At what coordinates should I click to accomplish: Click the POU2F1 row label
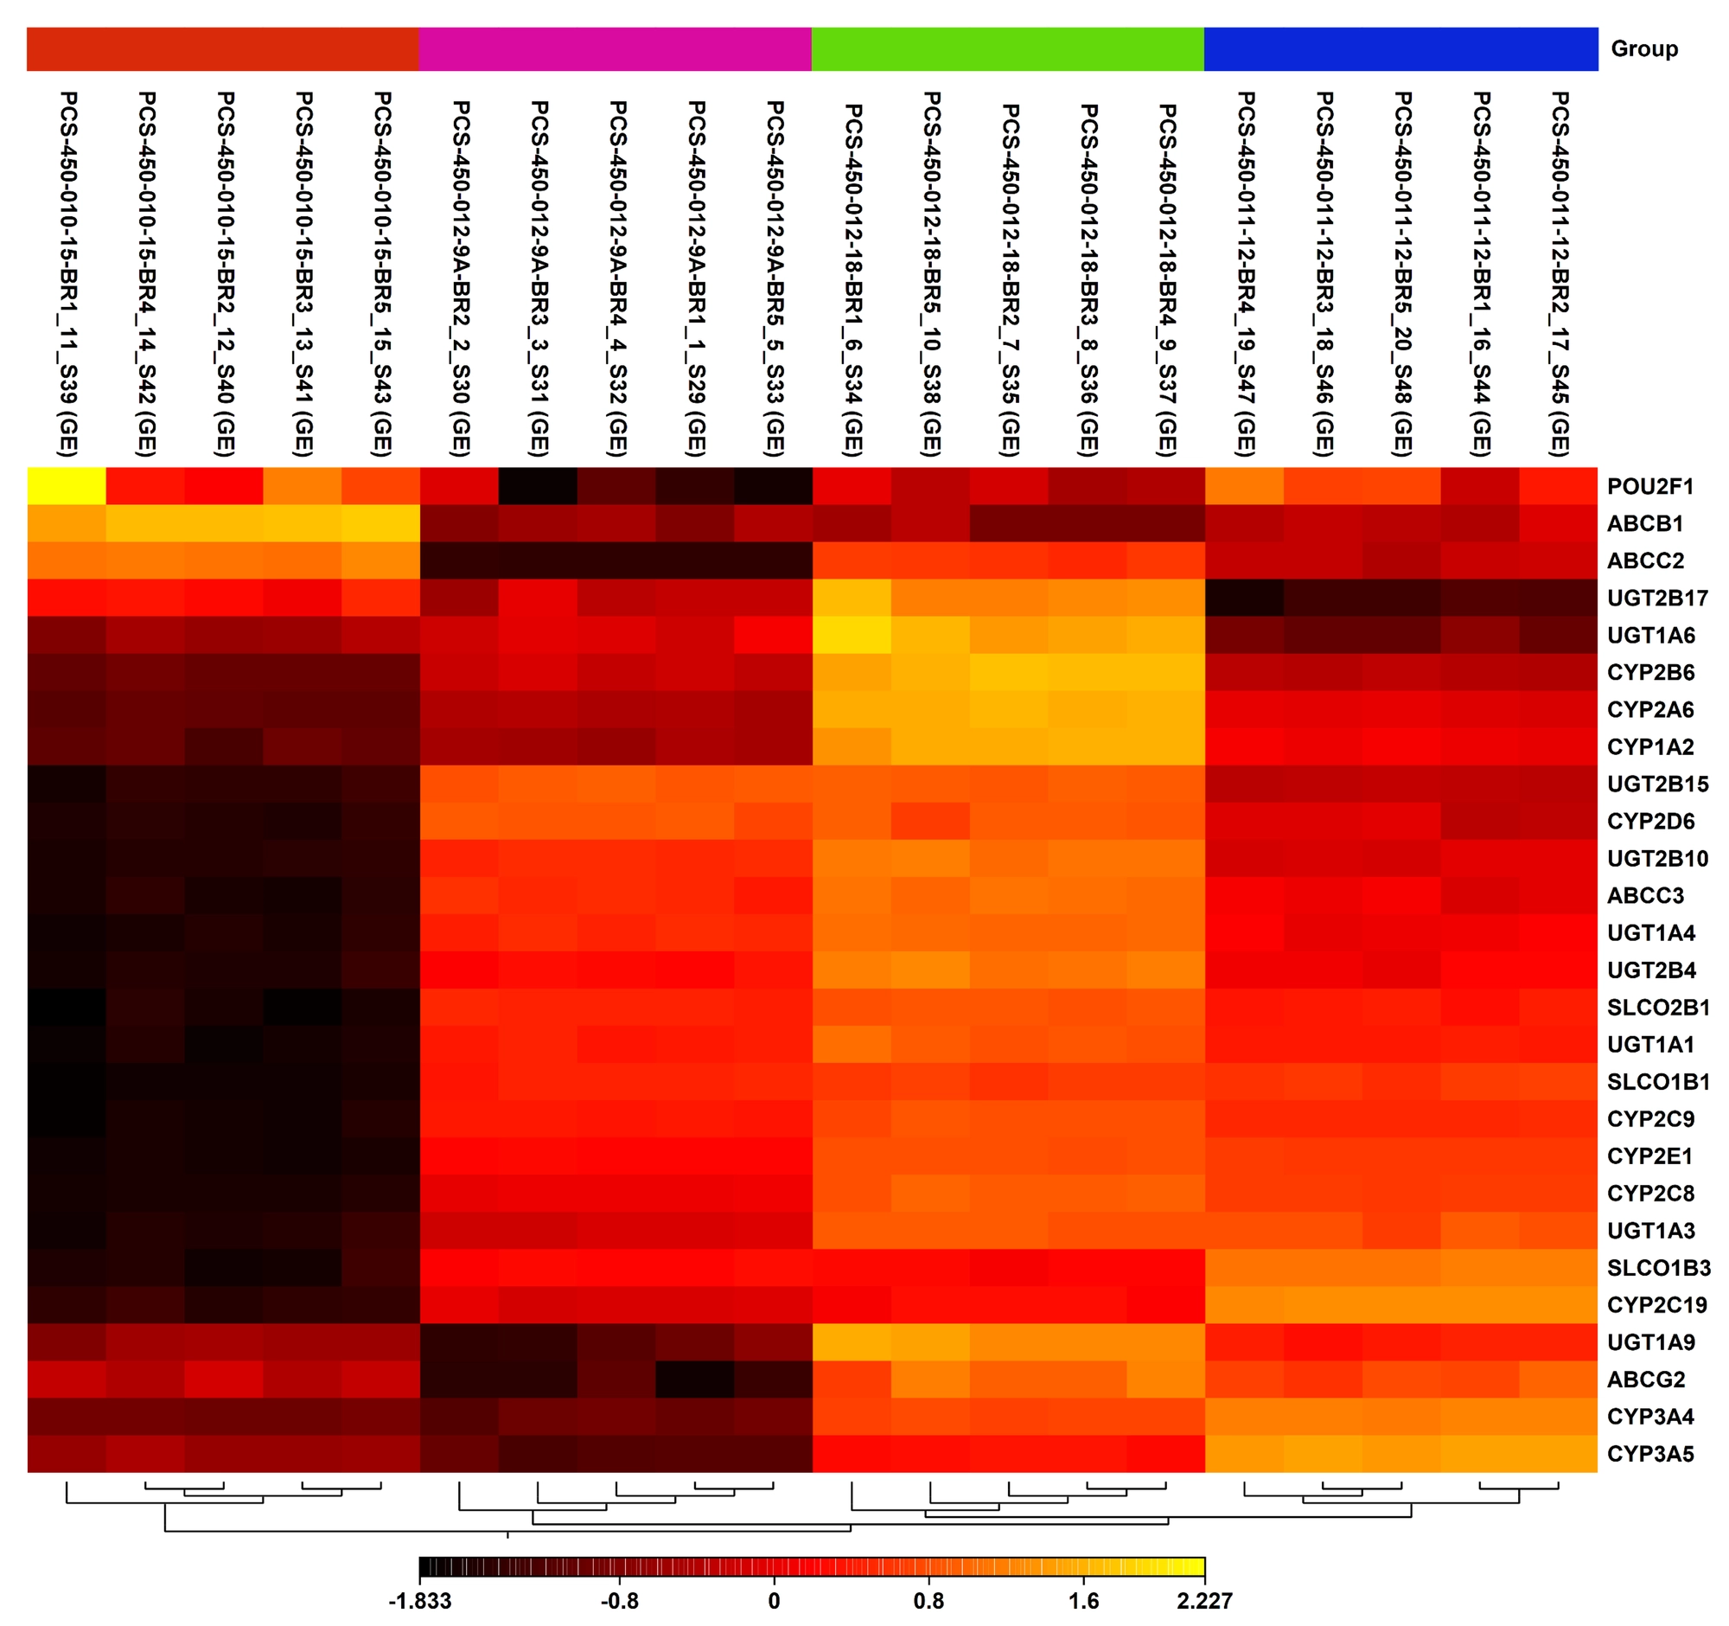pyautogui.click(x=1649, y=486)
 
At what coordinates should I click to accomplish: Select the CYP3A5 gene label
pyautogui.click(x=1649, y=1454)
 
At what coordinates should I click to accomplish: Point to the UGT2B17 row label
pyautogui.click(x=1656, y=598)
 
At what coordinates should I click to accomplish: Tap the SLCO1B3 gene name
pyautogui.click(x=1658, y=1268)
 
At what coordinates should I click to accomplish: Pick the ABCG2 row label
pyautogui.click(x=1645, y=1379)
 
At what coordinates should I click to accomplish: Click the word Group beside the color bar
pyautogui.click(x=1643, y=48)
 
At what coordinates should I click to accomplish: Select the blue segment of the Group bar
pyautogui.click(x=1400, y=48)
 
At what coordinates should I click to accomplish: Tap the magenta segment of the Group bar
pyautogui.click(x=615, y=48)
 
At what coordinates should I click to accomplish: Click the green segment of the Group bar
pyautogui.click(x=1007, y=48)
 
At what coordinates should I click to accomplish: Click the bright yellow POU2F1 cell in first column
pyautogui.click(x=67, y=485)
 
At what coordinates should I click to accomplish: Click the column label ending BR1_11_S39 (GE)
pyautogui.click(x=67, y=273)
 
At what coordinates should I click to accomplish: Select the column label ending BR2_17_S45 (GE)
pyautogui.click(x=1559, y=273)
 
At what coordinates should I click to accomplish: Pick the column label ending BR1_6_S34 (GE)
pyautogui.click(x=852, y=278)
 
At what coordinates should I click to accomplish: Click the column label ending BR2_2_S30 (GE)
pyautogui.click(x=460, y=278)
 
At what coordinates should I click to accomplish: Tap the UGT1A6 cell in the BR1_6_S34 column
pyautogui.click(x=852, y=635)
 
